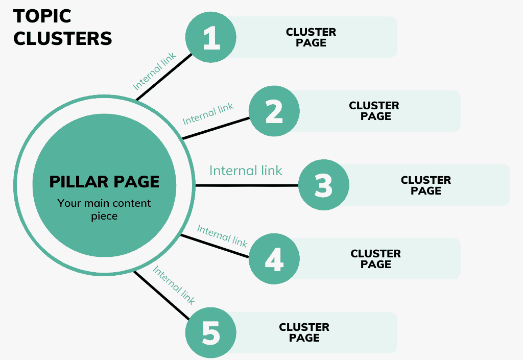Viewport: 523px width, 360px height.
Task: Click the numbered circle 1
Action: (x=210, y=37)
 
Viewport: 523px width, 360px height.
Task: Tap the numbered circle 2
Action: (x=274, y=111)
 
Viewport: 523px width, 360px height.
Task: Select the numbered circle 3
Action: (x=323, y=185)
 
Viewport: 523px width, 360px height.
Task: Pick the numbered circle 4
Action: (x=274, y=259)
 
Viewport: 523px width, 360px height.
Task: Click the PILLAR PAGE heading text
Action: (x=104, y=182)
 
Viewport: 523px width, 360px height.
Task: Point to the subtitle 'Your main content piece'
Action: (x=104, y=209)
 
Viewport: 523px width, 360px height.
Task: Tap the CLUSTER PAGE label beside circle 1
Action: (x=311, y=37)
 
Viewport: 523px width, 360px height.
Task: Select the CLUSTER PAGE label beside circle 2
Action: (x=374, y=111)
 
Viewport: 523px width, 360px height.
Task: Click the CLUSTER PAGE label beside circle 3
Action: (x=425, y=185)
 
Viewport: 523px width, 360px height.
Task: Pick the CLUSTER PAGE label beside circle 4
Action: (x=375, y=259)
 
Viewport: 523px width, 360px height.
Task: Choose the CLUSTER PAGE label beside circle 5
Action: (x=304, y=332)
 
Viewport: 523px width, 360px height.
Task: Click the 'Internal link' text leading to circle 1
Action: (x=154, y=71)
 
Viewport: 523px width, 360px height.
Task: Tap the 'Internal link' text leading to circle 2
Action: (x=208, y=113)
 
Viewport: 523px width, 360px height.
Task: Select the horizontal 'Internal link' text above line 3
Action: (x=246, y=171)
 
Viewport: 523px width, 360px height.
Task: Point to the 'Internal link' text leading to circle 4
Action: (x=222, y=236)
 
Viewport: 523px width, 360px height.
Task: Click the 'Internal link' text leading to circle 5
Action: (x=174, y=286)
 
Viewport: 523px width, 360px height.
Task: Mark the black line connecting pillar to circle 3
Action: (x=245, y=185)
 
